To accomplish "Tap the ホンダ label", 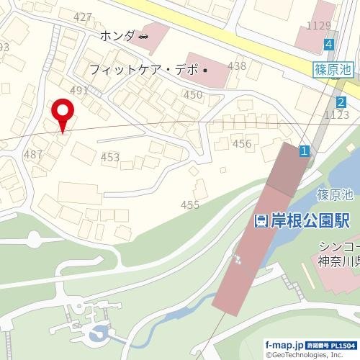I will [x=117, y=36].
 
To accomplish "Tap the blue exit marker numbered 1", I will [x=305, y=150].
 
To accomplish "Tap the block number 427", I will [x=83, y=17].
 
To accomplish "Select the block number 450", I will [x=193, y=94].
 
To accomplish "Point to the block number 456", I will [x=242, y=143].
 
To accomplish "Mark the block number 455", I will [x=190, y=205].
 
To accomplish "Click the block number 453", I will [x=110, y=157].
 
